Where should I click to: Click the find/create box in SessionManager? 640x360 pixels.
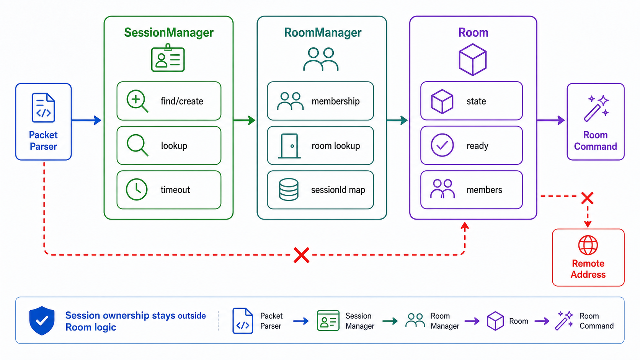[x=169, y=101]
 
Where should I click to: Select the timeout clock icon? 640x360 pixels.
[x=137, y=189]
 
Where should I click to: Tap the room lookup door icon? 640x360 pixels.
[x=289, y=146]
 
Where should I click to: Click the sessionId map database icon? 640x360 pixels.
[x=289, y=189]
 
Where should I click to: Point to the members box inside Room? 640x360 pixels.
[x=472, y=190]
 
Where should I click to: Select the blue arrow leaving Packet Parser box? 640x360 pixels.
[x=86, y=120]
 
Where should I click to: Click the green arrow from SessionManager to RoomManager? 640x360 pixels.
[x=244, y=120]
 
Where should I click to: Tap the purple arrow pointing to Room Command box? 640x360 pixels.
[x=551, y=120]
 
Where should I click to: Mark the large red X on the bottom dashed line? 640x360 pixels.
[x=301, y=255]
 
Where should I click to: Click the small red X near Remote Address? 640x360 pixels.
[x=588, y=198]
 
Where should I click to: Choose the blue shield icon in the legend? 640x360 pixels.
[x=42, y=321]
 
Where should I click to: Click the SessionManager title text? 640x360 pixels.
[x=169, y=33]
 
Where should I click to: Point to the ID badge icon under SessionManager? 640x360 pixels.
[x=168, y=58]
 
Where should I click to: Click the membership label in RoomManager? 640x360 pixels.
[x=336, y=101]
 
